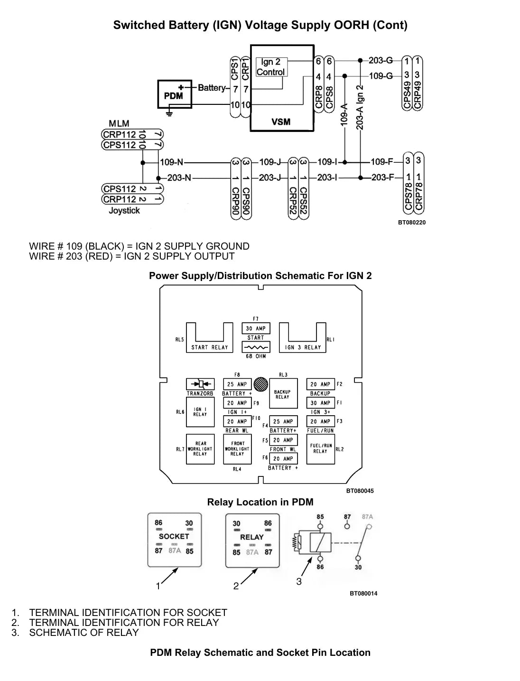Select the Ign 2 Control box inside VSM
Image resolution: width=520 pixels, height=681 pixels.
[271, 67]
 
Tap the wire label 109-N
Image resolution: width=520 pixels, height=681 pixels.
[171, 162]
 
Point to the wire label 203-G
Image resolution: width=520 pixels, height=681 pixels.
[381, 60]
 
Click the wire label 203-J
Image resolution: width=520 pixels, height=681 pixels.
[270, 177]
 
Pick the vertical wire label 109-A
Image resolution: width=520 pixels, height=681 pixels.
[344, 115]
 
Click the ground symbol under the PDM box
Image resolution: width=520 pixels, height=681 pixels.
[169, 113]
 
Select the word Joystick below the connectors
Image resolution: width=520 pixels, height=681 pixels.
[124, 211]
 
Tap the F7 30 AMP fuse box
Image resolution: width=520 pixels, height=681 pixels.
[256, 328]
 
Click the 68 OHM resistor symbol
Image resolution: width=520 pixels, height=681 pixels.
[256, 347]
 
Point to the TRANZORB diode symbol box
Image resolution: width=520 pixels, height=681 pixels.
[200, 384]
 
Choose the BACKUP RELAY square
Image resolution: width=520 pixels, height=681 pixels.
[283, 393]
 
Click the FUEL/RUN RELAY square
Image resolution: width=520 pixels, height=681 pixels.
[320, 449]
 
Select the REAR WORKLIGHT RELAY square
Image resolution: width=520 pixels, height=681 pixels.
[200, 449]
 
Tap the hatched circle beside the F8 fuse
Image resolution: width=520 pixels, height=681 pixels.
[260, 384]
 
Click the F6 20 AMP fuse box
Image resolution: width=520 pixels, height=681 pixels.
[283, 458]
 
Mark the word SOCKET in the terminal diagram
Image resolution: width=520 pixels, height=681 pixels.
[174, 536]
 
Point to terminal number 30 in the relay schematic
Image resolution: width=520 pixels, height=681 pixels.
[358, 567]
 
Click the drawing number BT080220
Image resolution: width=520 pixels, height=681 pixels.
[411, 223]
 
